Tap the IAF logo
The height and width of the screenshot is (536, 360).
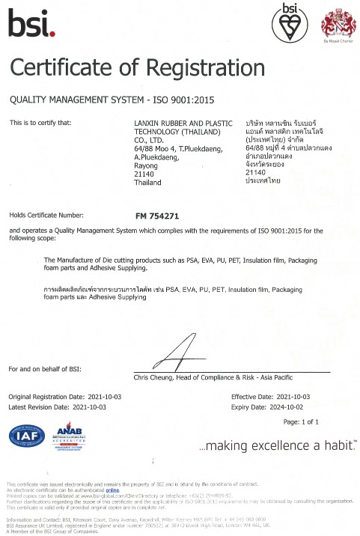tap(26, 436)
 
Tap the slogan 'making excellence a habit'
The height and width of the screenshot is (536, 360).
tap(275, 446)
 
